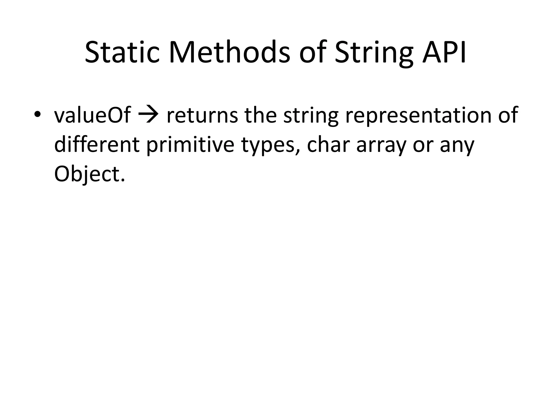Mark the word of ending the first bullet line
(x=508, y=115)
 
